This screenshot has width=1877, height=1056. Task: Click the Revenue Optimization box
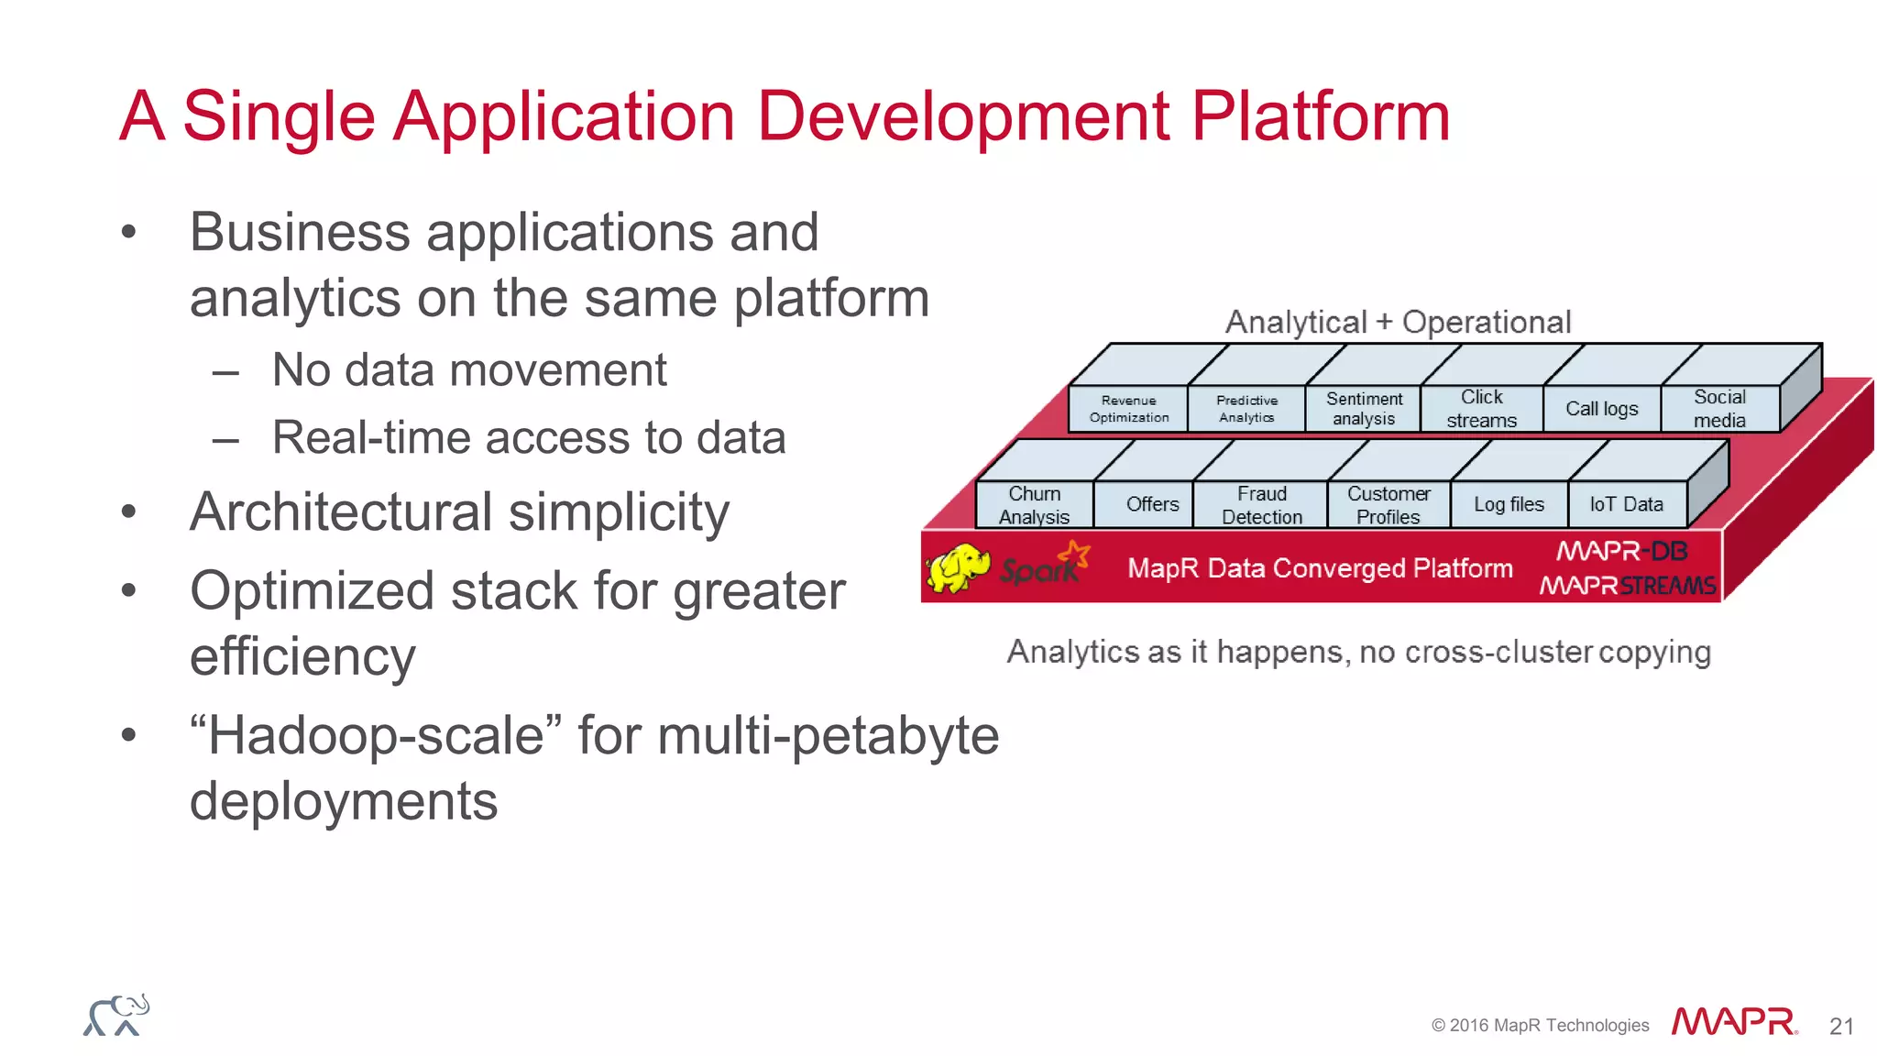click(x=1128, y=409)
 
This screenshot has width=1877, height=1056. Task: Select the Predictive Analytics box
click(x=1246, y=409)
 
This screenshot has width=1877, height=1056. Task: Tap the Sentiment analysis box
click(x=1364, y=409)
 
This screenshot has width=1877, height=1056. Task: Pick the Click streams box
click(x=1481, y=409)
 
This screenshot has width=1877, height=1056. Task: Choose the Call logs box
click(x=1601, y=409)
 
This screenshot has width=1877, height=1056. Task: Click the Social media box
click(x=1719, y=409)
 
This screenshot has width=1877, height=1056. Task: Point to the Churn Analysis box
click(x=1034, y=505)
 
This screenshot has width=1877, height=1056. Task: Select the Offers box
click(x=1152, y=505)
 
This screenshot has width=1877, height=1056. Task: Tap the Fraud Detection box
click(x=1261, y=505)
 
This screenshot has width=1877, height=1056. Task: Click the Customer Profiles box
click(x=1388, y=505)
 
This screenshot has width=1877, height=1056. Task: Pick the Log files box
click(x=1509, y=505)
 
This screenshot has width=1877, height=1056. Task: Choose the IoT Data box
click(x=1626, y=505)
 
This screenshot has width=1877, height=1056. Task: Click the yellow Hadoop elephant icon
click(x=958, y=567)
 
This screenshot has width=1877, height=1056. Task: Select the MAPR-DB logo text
click(x=1621, y=551)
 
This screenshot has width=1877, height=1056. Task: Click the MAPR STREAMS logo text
click(x=1627, y=585)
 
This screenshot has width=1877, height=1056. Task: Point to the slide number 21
click(x=1841, y=1026)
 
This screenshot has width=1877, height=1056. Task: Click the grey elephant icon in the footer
click(x=116, y=1016)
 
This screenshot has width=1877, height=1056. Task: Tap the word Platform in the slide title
click(x=1320, y=116)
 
